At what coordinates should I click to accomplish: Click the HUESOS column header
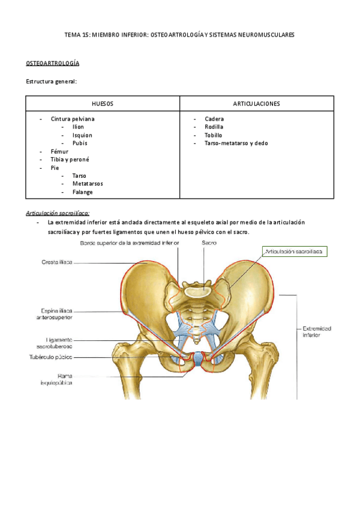click(102, 104)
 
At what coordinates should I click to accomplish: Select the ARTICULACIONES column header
click(256, 104)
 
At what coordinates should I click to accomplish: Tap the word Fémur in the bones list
click(60, 152)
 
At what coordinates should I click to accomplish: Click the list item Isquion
click(82, 135)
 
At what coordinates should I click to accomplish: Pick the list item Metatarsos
click(87, 184)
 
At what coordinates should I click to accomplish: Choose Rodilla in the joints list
click(214, 127)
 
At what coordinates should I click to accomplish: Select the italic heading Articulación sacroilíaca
click(58, 213)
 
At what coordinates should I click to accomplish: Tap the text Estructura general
click(52, 82)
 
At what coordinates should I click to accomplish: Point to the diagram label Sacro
click(209, 242)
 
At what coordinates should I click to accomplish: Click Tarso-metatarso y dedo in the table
click(236, 143)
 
